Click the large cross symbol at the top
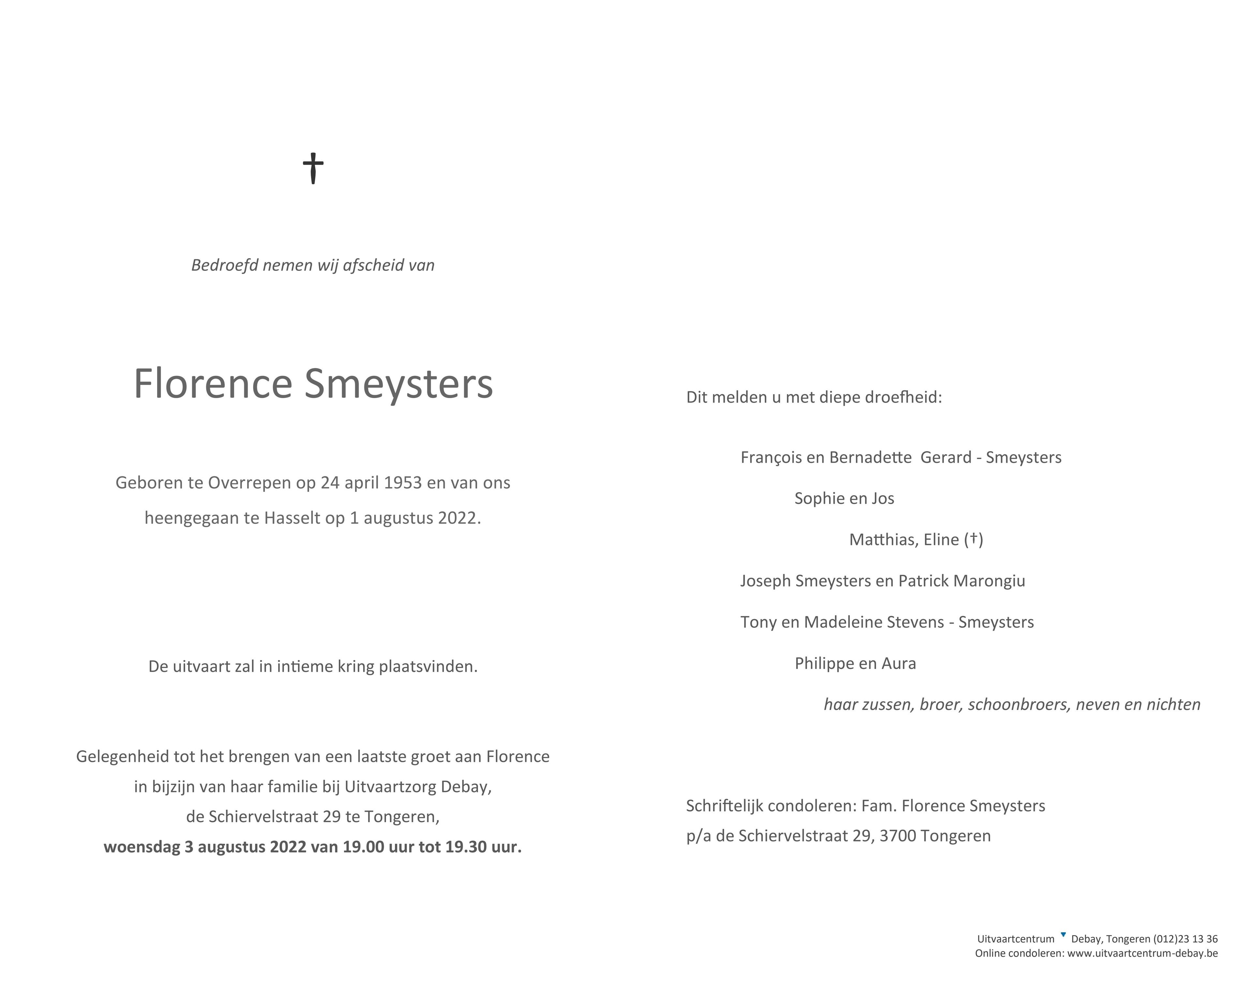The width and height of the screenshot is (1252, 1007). pos(313,169)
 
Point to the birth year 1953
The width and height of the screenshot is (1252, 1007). pos(402,483)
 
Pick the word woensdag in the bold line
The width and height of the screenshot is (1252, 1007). pos(142,847)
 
